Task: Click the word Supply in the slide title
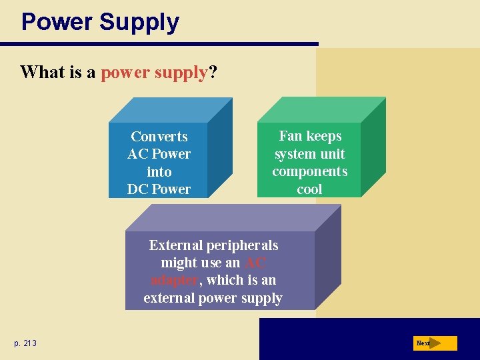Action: [139, 22]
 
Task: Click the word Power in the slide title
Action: [57, 22]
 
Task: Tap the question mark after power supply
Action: [213, 72]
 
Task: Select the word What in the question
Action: [41, 72]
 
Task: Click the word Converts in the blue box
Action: [159, 137]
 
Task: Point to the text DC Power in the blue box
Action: [159, 189]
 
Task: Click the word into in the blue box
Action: [159, 172]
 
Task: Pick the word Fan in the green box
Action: [290, 136]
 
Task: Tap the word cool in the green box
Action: [309, 189]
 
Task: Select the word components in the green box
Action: [309, 171]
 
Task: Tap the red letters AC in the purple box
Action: [257, 263]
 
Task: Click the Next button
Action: [434, 343]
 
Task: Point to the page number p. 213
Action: [25, 343]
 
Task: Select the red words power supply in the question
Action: [154, 72]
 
